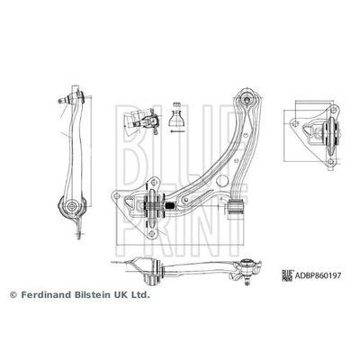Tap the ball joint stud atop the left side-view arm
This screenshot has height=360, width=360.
pyautogui.click(x=72, y=94)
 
